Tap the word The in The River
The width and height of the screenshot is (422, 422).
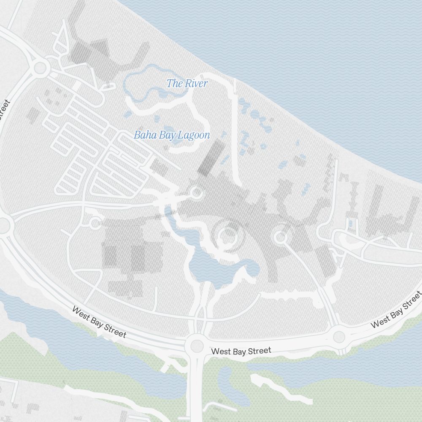pyautogui.click(x=174, y=83)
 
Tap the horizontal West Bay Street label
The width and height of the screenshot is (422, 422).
pyautogui.click(x=241, y=351)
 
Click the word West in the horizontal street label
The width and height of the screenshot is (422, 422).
pyautogui.click(x=220, y=351)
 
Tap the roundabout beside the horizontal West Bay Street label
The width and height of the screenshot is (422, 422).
pyautogui.click(x=197, y=346)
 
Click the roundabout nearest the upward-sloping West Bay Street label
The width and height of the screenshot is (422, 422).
pyautogui.click(x=339, y=337)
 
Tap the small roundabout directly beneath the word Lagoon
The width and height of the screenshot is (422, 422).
pyautogui.click(x=196, y=193)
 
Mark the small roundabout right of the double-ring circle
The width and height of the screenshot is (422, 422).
pyautogui.click(x=280, y=237)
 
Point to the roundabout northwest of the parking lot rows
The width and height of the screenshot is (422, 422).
pyautogui.click(x=40, y=67)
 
